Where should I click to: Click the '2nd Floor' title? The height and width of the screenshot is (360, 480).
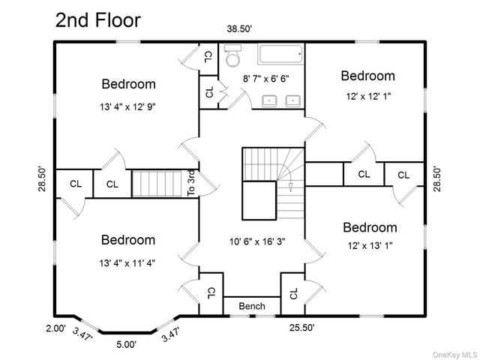click(97, 20)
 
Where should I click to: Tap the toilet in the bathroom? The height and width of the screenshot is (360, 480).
click(232, 56)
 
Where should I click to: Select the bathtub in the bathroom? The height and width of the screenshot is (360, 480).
click(280, 55)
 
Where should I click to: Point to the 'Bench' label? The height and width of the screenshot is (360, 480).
click(251, 306)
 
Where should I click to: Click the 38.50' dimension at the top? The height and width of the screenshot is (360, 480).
click(240, 28)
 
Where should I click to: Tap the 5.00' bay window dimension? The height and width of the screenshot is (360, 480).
click(126, 344)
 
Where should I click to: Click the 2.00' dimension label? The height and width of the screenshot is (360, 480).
click(55, 328)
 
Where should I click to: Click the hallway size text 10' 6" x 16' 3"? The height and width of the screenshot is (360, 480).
click(256, 242)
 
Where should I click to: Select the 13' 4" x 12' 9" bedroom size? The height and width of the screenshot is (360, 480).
click(128, 106)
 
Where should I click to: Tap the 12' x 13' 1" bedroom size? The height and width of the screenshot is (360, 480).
click(369, 245)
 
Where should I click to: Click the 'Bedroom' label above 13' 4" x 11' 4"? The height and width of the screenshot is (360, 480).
click(128, 240)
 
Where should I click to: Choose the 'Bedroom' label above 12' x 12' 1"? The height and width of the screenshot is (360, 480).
click(367, 76)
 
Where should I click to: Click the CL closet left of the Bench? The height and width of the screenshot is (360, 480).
click(211, 292)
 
